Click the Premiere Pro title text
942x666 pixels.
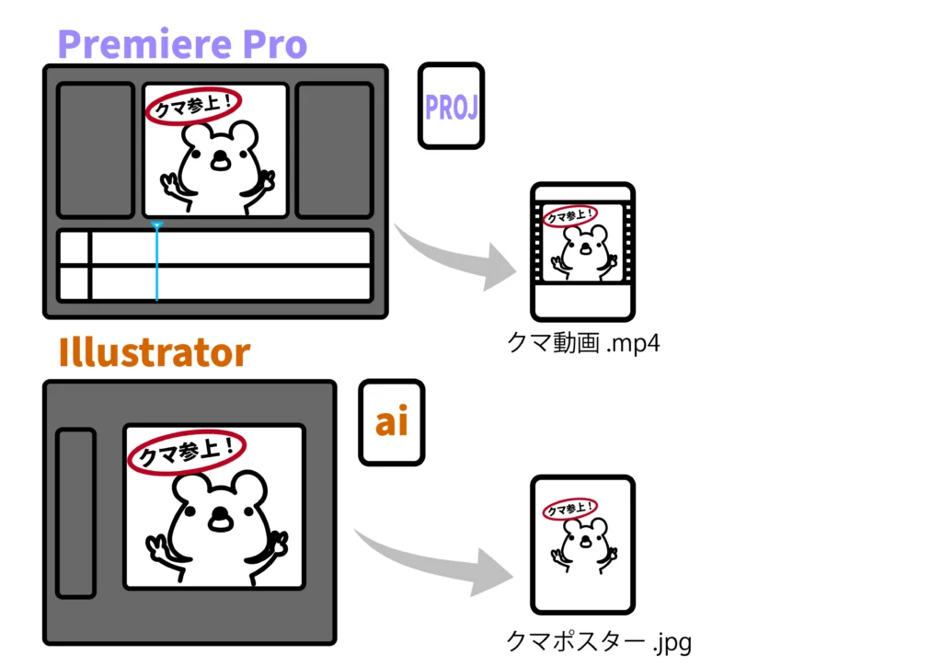click(x=182, y=43)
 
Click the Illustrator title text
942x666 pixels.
click(x=154, y=352)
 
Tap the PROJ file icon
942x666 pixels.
click(x=451, y=106)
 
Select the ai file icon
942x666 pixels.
click(x=391, y=421)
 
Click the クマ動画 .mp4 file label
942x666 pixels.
click(x=584, y=343)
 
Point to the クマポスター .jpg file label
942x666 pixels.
click(x=598, y=639)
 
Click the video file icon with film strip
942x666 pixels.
click(x=582, y=250)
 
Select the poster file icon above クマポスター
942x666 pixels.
click(x=582, y=545)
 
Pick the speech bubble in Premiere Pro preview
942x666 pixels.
click(x=193, y=105)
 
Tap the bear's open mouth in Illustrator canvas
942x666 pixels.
click(x=221, y=521)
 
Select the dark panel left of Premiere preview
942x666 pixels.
click(x=95, y=150)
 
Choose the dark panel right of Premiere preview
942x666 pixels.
click(x=335, y=150)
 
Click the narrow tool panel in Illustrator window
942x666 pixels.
click(x=75, y=512)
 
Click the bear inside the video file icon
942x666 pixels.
click(x=583, y=252)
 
